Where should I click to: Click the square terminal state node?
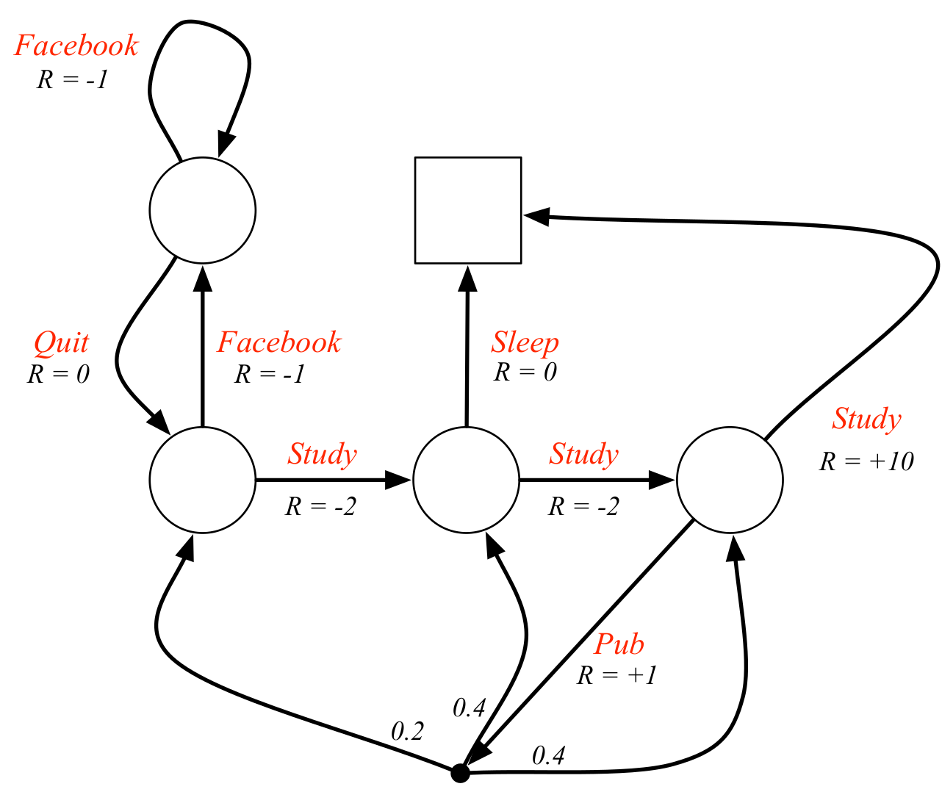468,210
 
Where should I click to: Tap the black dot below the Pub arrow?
460,773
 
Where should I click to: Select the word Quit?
62,342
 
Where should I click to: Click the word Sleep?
525,342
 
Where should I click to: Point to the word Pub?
619,644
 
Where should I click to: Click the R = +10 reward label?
866,461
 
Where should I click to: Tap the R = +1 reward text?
617,675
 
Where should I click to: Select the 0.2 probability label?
407,731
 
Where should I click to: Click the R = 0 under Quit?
59,375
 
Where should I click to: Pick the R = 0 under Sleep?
525,372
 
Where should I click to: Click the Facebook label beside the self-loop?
76,46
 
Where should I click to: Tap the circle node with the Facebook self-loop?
203,210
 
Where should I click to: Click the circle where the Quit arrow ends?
203,480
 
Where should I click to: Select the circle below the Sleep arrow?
467,480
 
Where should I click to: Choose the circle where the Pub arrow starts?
730,480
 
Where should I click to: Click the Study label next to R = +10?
866,419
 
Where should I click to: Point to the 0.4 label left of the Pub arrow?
470,708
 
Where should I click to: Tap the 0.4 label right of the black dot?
548,755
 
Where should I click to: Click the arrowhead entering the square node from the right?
536,215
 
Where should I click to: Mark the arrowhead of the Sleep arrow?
467,278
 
